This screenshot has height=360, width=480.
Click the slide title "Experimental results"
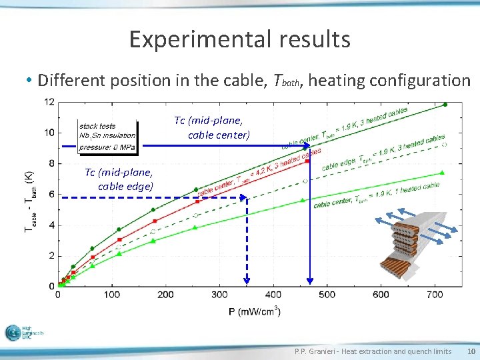click(x=239, y=39)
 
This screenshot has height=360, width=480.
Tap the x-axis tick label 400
click(x=273, y=295)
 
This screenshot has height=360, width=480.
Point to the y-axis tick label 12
click(x=49, y=102)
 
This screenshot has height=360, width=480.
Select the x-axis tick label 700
click(x=435, y=295)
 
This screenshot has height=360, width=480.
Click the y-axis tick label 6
click(x=52, y=194)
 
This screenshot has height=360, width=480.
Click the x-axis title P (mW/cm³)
click(x=254, y=311)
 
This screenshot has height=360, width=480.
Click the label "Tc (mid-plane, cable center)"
click(x=212, y=128)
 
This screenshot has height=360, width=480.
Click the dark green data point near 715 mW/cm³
click(x=445, y=105)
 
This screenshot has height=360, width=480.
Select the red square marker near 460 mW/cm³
click(x=307, y=161)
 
